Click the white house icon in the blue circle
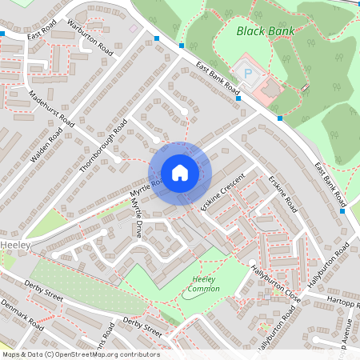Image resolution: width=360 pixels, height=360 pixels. (x=179, y=173)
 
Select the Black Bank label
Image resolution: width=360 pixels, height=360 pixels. (x=265, y=31)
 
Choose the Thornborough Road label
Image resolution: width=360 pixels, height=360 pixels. (x=104, y=146)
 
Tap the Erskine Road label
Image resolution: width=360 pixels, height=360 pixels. (x=282, y=194)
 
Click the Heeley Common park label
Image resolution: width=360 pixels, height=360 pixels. (x=204, y=283)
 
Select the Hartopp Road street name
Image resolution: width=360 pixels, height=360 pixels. (x=342, y=303)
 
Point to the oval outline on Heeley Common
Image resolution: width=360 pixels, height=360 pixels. (x=197, y=293)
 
